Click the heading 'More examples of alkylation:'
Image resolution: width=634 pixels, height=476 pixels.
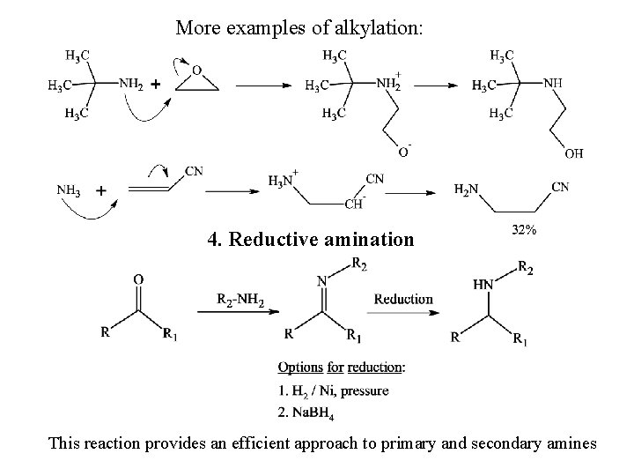[299, 28]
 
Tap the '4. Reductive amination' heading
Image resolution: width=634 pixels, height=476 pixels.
[310, 239]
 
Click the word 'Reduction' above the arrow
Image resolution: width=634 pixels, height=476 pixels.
[403, 299]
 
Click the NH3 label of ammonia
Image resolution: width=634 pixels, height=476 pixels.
[70, 190]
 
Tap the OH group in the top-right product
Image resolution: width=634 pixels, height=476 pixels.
[572, 153]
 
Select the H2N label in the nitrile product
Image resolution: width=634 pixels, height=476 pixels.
[468, 188]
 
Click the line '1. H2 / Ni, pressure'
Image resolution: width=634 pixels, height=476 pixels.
[333, 390]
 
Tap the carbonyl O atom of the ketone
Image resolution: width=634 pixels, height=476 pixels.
[138, 279]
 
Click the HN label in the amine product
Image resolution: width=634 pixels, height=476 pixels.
[483, 284]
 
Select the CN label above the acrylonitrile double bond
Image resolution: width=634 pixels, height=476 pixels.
[195, 172]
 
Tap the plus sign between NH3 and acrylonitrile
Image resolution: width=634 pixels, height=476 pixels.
[101, 190]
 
